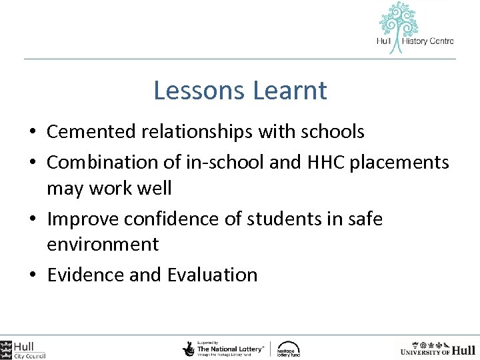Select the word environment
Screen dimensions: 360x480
tap(103, 244)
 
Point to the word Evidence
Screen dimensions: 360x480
tap(85, 275)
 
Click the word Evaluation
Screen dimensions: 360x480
tap(213, 275)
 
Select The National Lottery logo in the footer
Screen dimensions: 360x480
tap(224, 348)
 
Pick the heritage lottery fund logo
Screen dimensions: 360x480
tap(289, 349)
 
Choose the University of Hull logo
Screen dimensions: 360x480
tap(437, 349)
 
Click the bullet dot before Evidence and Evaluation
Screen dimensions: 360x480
tap(34, 275)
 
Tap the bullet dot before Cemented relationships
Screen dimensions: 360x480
tap(34, 133)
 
